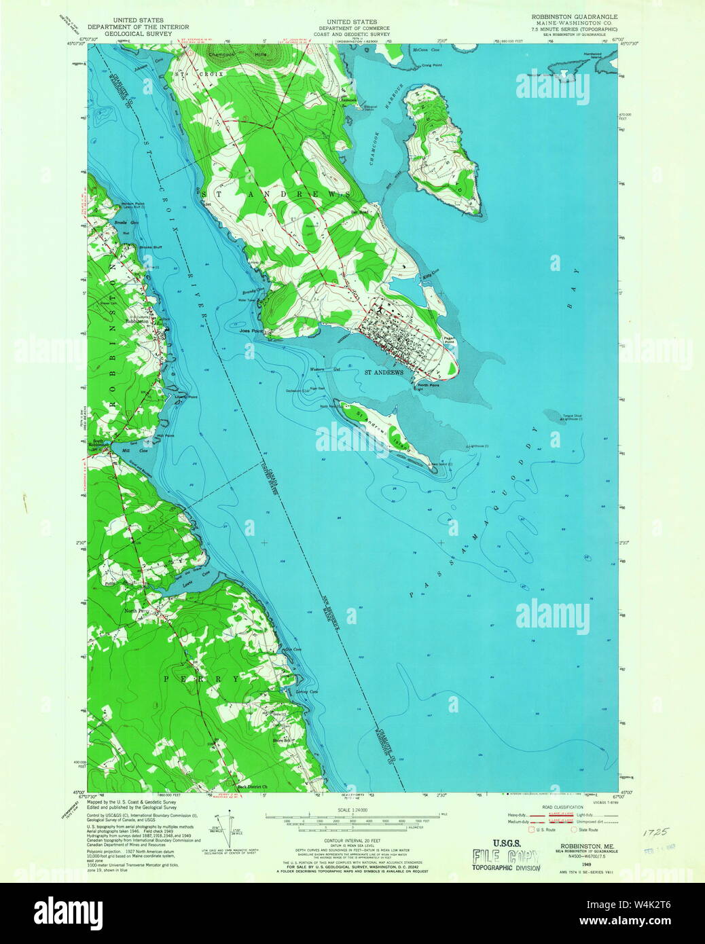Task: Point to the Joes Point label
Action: pos(251,331)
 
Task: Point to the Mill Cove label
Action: pos(125,450)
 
